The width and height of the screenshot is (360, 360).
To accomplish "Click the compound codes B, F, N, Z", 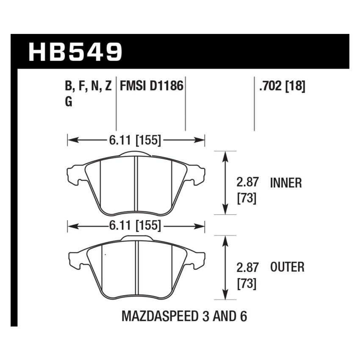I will [x=89, y=86].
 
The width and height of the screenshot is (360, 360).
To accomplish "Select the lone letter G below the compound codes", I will [x=69, y=102].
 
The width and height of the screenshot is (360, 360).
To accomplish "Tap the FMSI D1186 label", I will [x=152, y=86].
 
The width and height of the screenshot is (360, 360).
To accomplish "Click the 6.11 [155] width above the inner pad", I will [x=136, y=140].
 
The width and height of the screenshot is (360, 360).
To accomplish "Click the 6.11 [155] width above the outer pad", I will [x=136, y=226].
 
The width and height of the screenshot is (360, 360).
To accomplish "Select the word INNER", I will [x=286, y=183].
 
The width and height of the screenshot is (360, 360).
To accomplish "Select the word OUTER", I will [x=287, y=267].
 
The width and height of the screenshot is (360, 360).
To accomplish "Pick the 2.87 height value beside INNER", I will [x=246, y=183].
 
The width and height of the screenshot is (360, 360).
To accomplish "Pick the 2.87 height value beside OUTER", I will [x=246, y=267].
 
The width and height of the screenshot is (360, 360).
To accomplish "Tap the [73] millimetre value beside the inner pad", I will [x=246, y=198].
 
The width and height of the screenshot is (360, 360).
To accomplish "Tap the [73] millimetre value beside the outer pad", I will [x=246, y=283].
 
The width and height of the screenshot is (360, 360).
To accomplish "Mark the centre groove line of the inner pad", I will [x=136, y=184].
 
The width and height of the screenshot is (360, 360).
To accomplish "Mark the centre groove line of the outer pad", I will [x=136, y=269].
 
